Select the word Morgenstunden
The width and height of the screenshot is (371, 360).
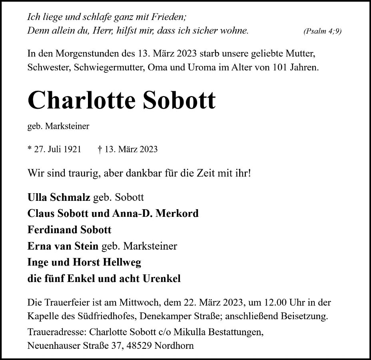pos(79,53)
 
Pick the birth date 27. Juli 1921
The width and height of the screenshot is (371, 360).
pos(56,149)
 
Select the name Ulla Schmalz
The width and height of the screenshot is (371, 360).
pos(58,197)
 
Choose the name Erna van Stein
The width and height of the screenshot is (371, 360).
pos(63,246)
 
